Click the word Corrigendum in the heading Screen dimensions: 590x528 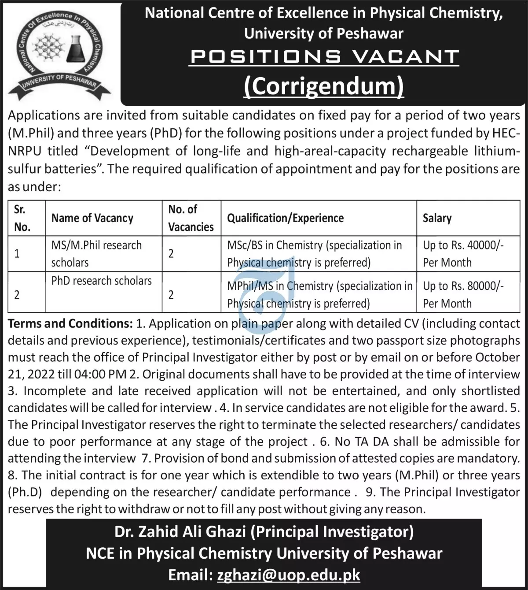tap(324, 86)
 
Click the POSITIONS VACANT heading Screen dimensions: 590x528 tap(324, 57)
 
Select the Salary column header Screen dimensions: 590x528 tap(437, 218)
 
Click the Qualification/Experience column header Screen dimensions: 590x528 tap(285, 218)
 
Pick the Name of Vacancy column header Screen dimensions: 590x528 tap(92, 218)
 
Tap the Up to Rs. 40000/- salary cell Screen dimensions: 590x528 tap(463, 253)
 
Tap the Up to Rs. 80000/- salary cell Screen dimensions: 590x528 tap(463, 294)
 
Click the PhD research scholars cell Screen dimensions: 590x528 tap(101, 281)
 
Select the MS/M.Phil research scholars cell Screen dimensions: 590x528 tap(96, 253)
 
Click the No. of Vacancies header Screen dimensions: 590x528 tap(191, 218)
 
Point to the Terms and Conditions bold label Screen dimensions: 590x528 tap(70, 323)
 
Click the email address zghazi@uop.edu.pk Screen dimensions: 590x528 tap(289, 575)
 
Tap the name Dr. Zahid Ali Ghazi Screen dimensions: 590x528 tap(180, 532)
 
